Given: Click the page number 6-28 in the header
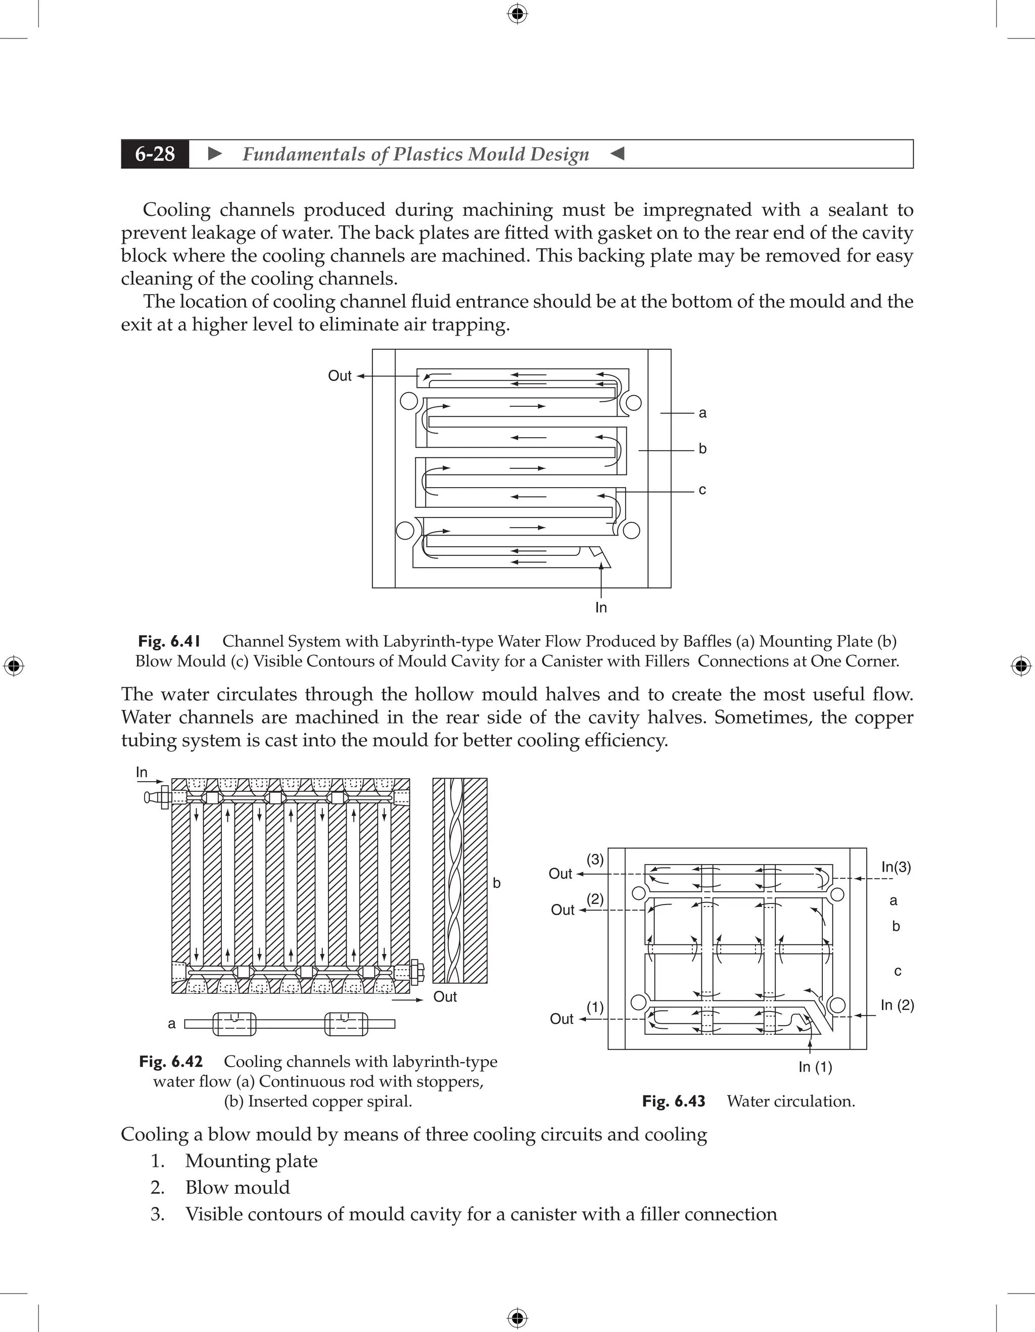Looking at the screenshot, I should click(155, 154).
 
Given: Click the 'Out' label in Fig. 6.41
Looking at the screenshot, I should click(340, 375).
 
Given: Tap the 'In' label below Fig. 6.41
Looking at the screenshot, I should click(601, 607).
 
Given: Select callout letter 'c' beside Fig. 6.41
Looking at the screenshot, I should click(702, 490).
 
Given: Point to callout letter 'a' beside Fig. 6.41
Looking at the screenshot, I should click(702, 413).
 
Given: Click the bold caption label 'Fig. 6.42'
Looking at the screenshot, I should click(171, 1062).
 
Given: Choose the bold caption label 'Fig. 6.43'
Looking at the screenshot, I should click(673, 1102).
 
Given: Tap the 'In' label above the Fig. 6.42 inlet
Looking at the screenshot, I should click(142, 772).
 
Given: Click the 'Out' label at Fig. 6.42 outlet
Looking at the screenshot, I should click(445, 996).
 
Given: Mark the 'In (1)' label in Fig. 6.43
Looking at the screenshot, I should click(816, 1067).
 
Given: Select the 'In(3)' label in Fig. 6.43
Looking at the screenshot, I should click(896, 867).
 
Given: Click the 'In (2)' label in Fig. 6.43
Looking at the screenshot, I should click(897, 1005).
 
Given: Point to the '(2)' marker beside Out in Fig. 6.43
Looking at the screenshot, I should click(595, 899).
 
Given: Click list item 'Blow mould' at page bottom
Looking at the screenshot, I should click(237, 1187).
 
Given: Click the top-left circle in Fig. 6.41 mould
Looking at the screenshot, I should click(409, 401).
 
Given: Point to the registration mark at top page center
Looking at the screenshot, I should click(517, 14).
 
